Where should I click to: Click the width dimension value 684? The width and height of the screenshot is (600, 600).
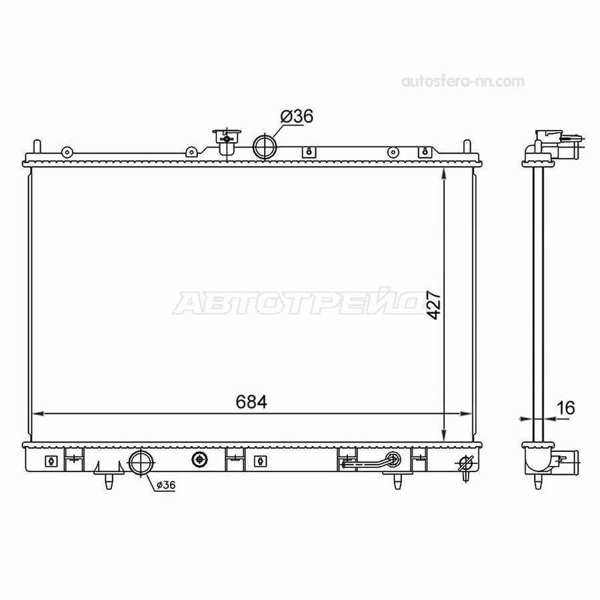point(251,401)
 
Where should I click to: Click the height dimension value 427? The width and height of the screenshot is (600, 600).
point(434,304)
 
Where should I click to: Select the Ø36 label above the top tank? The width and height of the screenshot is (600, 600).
point(297,116)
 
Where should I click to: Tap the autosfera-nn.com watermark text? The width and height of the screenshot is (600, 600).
point(463,81)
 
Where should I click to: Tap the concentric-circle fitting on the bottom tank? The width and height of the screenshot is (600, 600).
point(199,459)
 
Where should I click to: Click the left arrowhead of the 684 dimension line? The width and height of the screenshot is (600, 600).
point(37,413)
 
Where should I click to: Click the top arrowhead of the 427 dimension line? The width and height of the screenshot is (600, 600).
point(445,171)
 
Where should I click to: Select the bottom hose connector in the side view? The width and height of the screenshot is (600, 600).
point(568,458)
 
